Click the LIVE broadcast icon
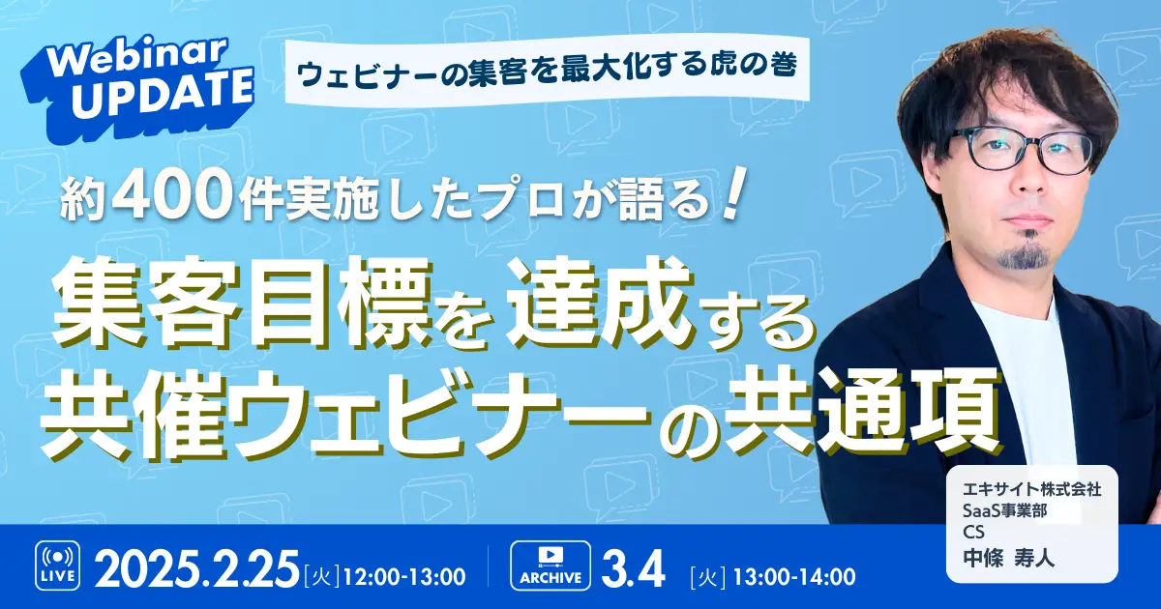click(x=57, y=566)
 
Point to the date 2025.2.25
click(x=197, y=568)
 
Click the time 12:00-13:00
click(x=403, y=576)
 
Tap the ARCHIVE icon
click(x=551, y=565)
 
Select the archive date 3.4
click(x=633, y=568)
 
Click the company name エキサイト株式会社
click(x=1032, y=488)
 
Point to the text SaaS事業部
click(x=1004, y=510)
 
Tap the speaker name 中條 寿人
click(x=1008, y=559)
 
